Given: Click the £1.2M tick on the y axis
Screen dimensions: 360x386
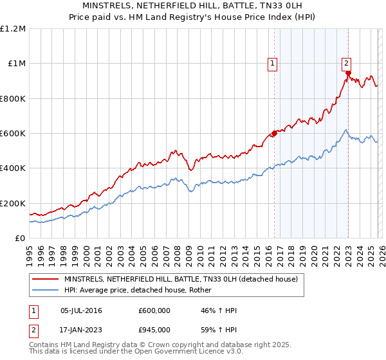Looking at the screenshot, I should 14,28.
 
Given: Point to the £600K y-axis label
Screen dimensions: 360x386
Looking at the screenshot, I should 13,133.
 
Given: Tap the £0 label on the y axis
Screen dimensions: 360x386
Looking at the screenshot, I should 20,238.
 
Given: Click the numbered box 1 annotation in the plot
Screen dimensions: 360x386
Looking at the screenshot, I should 273,63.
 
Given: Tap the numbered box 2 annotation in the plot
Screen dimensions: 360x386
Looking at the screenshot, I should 346,63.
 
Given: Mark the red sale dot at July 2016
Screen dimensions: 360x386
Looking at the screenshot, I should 274,133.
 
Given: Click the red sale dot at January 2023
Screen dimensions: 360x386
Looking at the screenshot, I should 348,73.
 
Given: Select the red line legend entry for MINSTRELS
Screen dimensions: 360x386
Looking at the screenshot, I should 181,280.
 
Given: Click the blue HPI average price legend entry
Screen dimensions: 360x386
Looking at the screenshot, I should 142,291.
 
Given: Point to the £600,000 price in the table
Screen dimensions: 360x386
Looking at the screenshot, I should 154,310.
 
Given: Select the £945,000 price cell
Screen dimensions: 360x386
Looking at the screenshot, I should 154,329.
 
